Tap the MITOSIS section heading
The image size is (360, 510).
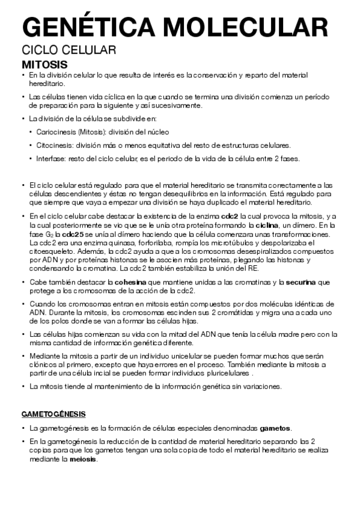(x=44, y=64)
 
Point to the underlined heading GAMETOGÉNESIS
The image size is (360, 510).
(x=53, y=414)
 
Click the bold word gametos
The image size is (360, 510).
(x=275, y=428)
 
